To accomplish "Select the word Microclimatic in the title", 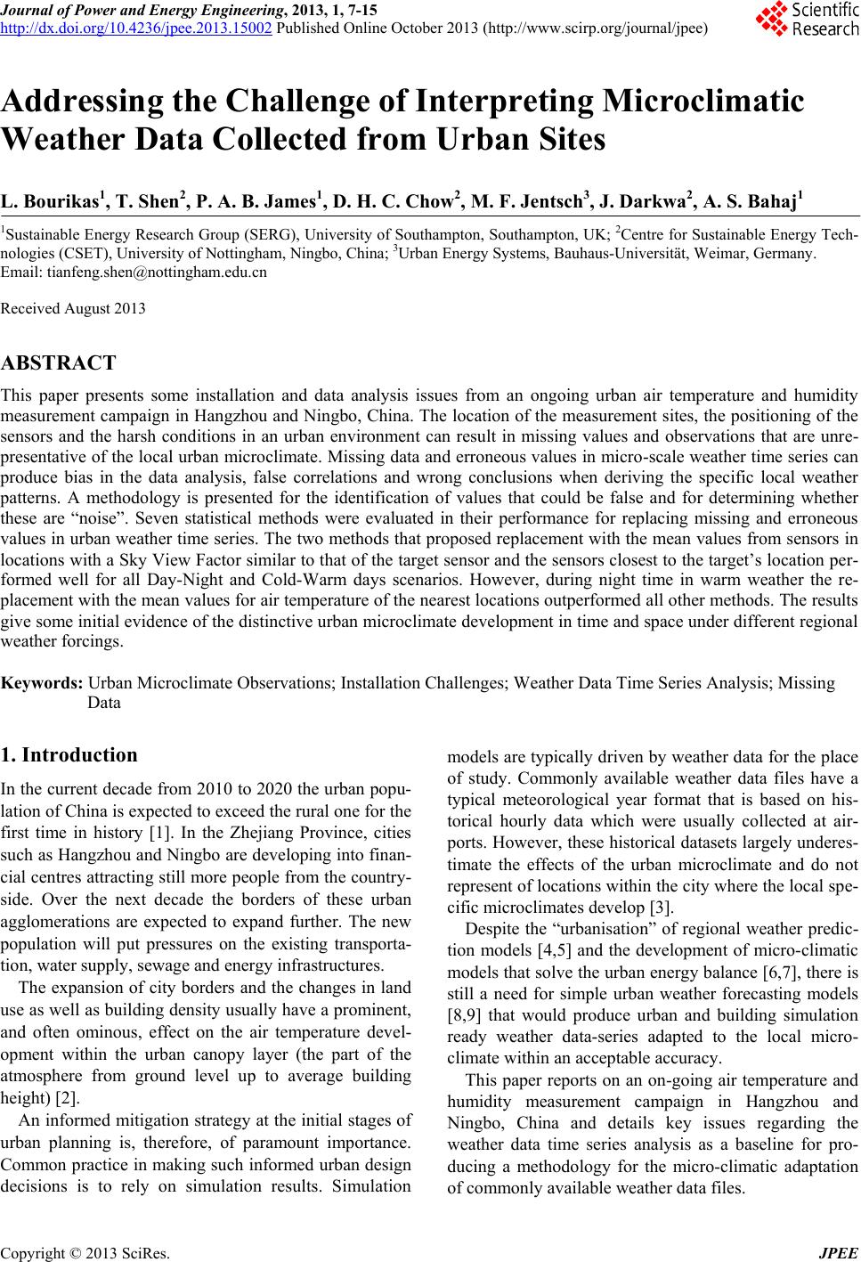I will [x=702, y=102].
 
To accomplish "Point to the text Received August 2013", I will [x=73, y=309].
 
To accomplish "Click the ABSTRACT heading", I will [x=59, y=363].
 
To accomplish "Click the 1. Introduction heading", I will [x=69, y=755].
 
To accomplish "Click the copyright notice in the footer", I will [x=84, y=1254].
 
